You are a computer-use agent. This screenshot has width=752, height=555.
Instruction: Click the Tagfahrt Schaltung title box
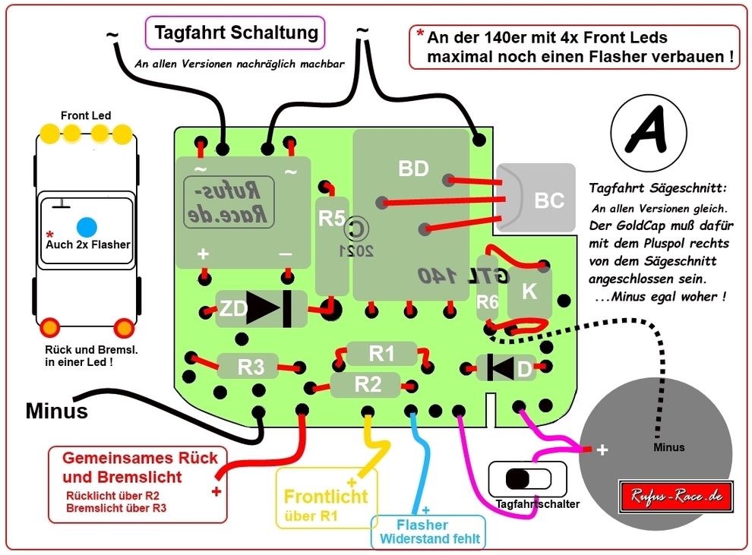(x=235, y=33)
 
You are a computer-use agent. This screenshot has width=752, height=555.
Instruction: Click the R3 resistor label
(x=251, y=367)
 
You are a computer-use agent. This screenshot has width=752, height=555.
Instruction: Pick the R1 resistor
(x=382, y=353)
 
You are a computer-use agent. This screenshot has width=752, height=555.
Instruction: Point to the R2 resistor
(x=368, y=384)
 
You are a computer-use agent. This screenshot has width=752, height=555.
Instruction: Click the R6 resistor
(x=487, y=301)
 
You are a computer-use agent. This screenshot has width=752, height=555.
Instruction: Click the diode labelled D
(x=506, y=368)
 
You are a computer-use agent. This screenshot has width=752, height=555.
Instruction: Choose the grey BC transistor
(x=541, y=198)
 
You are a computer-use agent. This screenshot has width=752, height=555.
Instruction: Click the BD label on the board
(x=414, y=169)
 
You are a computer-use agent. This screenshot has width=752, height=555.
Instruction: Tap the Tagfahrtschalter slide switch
(x=528, y=479)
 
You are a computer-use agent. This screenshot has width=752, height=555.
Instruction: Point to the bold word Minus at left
(x=57, y=411)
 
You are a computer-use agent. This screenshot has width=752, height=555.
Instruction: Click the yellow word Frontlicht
(x=326, y=497)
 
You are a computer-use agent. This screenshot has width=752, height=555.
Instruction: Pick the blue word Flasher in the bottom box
(x=422, y=525)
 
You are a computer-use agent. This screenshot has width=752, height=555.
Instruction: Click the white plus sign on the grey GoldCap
(x=602, y=449)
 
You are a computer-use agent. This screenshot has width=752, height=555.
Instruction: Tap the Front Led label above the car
(x=86, y=115)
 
